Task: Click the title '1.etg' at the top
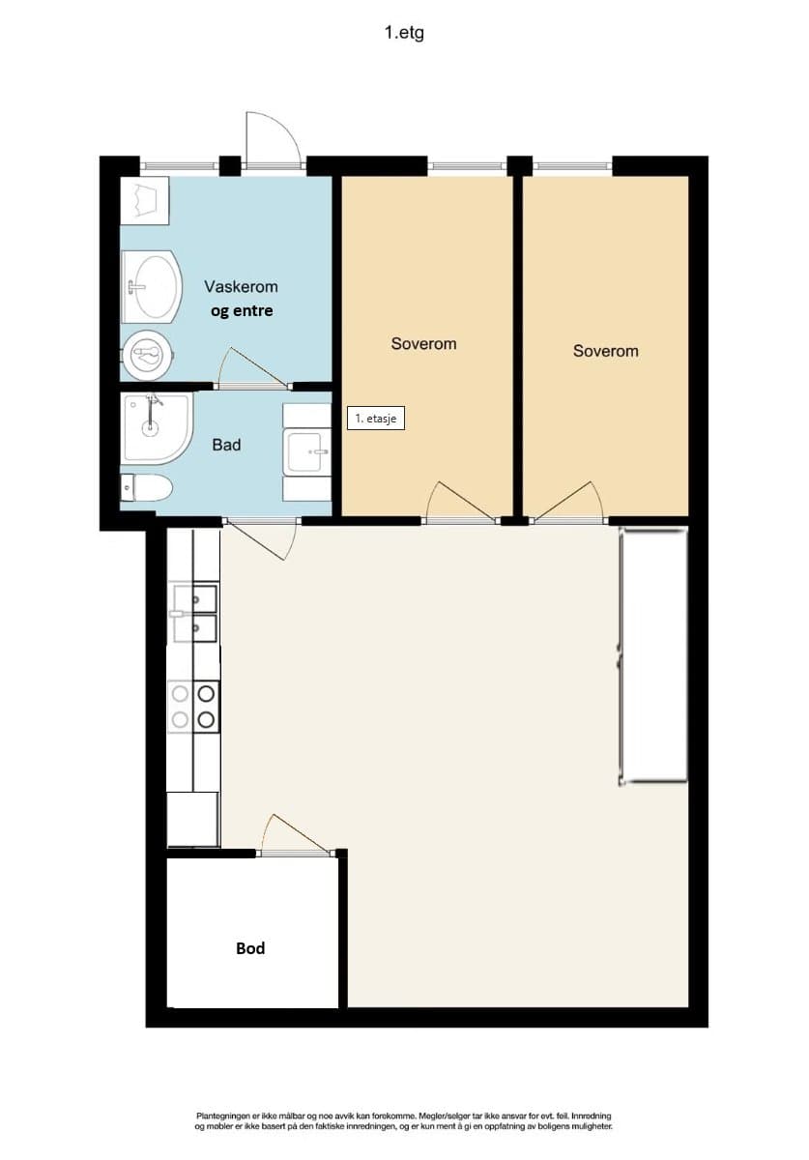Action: (404, 33)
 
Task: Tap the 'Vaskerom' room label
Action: (241, 286)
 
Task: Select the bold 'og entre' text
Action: (242, 311)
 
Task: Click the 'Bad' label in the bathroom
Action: (226, 445)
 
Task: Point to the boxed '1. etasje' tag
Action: (375, 419)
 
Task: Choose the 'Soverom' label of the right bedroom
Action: (605, 351)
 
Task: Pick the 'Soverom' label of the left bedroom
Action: (423, 344)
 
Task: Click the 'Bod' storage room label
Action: (250, 948)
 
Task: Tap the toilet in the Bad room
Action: (147, 488)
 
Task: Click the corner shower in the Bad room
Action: (157, 427)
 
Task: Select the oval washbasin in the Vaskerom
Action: (152, 287)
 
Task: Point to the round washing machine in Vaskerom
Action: (148, 356)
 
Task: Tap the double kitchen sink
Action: (194, 614)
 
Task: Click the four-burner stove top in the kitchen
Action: (193, 708)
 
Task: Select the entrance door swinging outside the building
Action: (273, 140)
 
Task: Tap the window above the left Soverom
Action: (467, 165)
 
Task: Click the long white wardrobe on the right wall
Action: (653, 656)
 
